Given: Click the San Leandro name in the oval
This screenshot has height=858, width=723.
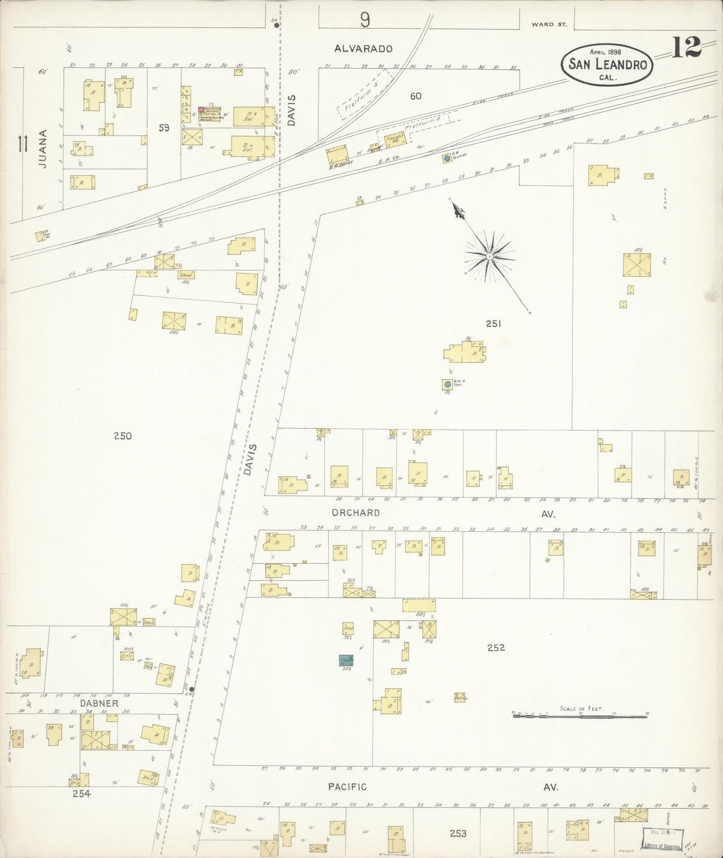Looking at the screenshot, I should (607, 65).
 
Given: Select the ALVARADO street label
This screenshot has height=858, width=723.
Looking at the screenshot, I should (363, 49).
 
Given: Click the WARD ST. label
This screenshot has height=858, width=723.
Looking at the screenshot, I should (549, 24).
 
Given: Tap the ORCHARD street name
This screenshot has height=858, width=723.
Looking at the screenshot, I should (356, 513).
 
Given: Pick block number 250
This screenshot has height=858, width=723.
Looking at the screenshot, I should (123, 436).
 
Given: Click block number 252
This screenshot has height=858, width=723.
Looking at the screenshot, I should (496, 648).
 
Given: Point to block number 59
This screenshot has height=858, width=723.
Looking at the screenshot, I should (164, 128).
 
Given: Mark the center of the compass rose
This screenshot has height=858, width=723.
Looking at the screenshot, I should (490, 256).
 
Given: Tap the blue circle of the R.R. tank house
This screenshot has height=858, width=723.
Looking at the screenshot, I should (446, 158).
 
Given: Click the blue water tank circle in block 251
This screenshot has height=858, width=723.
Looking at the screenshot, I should (447, 384).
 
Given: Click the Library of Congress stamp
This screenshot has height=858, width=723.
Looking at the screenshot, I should (662, 836).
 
